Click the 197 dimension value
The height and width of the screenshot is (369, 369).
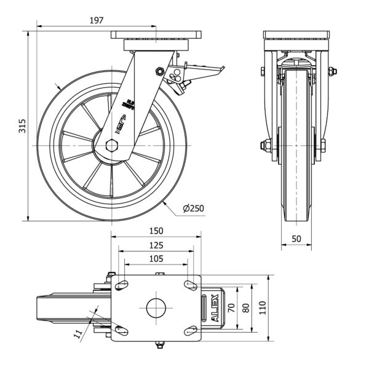[x=95, y=20]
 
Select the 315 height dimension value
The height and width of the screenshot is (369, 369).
[x=22, y=126]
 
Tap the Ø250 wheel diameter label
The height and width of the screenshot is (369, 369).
[x=192, y=208]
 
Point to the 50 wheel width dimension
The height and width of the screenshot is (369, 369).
[x=296, y=238]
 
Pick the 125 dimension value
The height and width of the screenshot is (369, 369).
[x=156, y=245]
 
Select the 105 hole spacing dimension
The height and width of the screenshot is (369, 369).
[x=156, y=259]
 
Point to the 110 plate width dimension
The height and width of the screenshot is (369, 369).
[x=263, y=307]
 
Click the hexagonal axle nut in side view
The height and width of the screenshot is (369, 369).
[x=111, y=146]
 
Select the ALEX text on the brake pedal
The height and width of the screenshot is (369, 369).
[x=215, y=307]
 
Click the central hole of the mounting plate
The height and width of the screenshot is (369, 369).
[x=156, y=307]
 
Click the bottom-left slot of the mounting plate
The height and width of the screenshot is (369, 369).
[x=122, y=331]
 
